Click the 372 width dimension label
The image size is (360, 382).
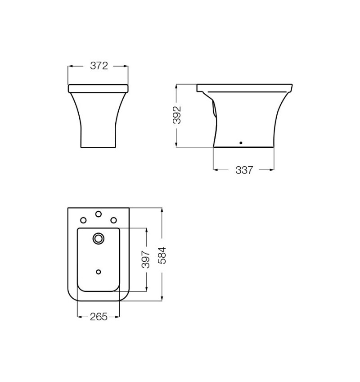coord(99,66)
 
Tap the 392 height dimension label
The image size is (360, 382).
coord(177,115)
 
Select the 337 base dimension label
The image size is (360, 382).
coord(244,170)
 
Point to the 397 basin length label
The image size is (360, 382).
coord(146,259)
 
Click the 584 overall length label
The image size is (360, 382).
coord(162,255)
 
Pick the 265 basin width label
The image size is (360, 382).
coord(99,317)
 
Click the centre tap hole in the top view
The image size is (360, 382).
coord(99,214)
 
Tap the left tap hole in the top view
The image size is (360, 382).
coord(83,220)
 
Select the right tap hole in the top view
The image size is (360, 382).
coord(113,220)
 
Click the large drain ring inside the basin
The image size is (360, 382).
coord(99,233)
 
